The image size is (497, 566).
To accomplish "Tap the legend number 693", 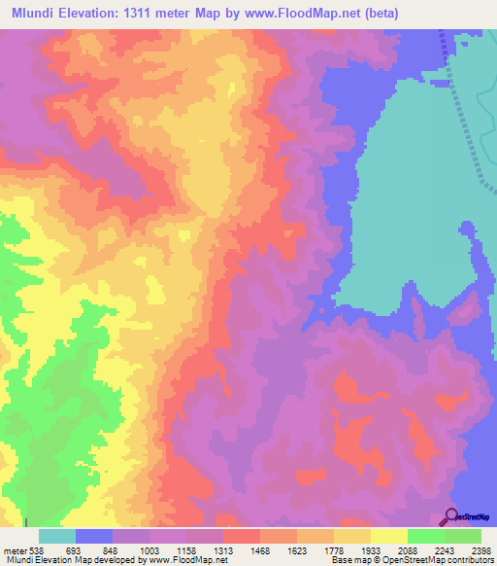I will [x=75, y=549].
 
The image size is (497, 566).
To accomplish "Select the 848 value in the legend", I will [x=113, y=549].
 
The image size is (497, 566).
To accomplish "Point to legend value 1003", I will [x=149, y=549].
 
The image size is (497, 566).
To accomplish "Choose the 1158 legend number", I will [x=186, y=549].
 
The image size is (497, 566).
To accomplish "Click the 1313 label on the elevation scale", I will [x=223, y=549].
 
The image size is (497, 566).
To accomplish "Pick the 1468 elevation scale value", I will [x=260, y=549].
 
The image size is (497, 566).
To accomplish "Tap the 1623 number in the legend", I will [x=297, y=549].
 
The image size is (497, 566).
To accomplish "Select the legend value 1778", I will [x=334, y=549].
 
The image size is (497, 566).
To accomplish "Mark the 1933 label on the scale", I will [x=371, y=549].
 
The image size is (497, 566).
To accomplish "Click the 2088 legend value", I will [x=408, y=549].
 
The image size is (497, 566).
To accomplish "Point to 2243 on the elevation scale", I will [x=445, y=549].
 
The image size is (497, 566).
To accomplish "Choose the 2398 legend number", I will [x=480, y=549].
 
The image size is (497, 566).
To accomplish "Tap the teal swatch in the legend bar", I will [x=56, y=536].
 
